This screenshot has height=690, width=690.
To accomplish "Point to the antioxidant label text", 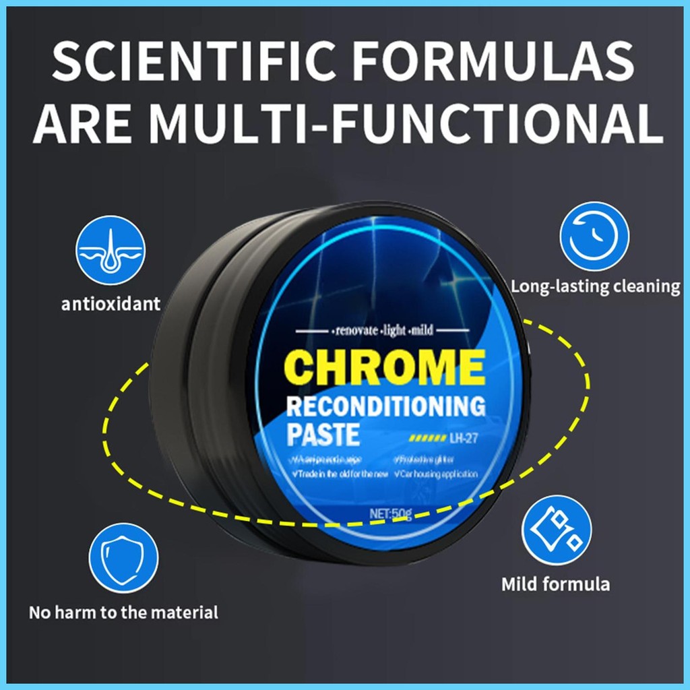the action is click(x=111, y=304).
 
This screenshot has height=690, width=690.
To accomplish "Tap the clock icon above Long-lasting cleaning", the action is click(x=594, y=237).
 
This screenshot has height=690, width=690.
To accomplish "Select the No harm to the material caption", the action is click(x=123, y=613).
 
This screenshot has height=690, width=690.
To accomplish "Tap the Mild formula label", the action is click(x=555, y=584).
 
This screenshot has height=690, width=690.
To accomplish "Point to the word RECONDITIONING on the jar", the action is click(x=386, y=407).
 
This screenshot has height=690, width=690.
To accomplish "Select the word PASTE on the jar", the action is click(x=323, y=435).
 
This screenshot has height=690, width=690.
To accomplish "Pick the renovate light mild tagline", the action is click(x=383, y=331).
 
